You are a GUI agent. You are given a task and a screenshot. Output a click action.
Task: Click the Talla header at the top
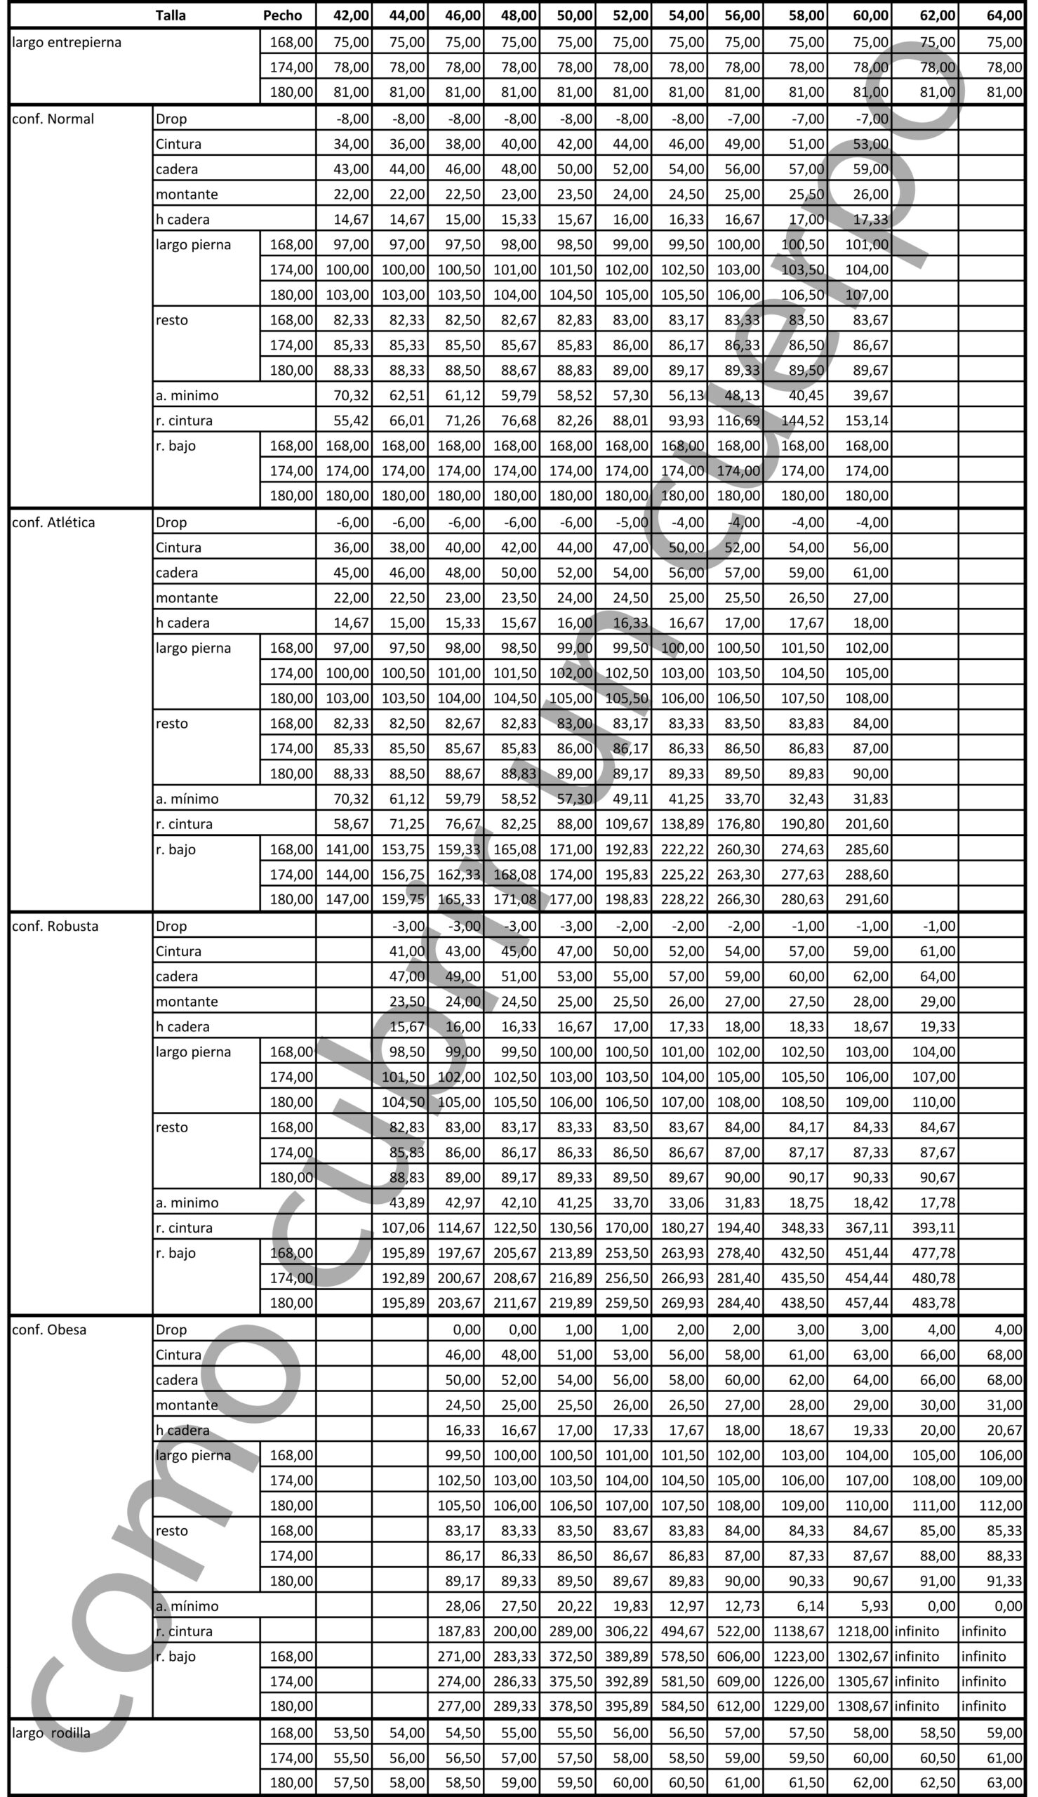[x=171, y=15]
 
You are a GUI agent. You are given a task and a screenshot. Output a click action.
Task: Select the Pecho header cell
[x=282, y=15]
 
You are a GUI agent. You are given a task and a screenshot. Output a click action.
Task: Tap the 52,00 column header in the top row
[x=631, y=15]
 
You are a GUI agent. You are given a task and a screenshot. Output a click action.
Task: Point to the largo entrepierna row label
[x=67, y=42]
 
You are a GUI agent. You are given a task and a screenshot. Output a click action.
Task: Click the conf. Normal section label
[x=53, y=119]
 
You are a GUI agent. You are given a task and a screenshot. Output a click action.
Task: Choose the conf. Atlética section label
[x=53, y=522]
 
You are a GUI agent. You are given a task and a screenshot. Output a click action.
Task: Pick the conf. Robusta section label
[x=55, y=926]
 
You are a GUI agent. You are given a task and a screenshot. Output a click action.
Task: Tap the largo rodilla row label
[x=51, y=1733]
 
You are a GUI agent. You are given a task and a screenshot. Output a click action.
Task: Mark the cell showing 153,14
[x=867, y=420]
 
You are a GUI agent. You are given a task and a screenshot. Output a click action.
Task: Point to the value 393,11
[x=934, y=1228]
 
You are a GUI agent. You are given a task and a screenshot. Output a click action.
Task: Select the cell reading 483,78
[x=934, y=1302]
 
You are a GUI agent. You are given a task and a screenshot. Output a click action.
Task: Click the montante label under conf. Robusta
[x=187, y=1002]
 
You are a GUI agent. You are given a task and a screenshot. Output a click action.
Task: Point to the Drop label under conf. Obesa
[x=171, y=1329]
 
